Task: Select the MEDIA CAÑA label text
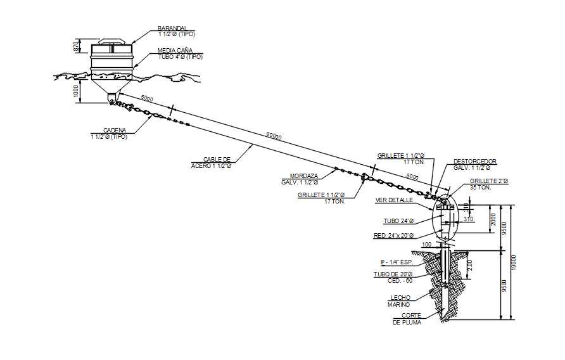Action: tap(175, 51)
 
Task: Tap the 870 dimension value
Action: tap(75, 46)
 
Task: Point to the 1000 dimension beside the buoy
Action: tap(75, 91)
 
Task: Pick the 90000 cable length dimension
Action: tap(274, 136)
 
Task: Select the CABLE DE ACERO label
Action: tap(211, 162)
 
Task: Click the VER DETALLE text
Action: tap(394, 200)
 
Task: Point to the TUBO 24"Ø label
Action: tap(398, 221)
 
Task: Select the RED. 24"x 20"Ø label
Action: tap(393, 236)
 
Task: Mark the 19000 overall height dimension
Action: tap(514, 262)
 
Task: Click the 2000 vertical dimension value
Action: tap(493, 219)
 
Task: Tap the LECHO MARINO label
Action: tap(399, 301)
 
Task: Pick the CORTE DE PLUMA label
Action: tap(407, 319)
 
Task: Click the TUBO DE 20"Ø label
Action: tap(393, 278)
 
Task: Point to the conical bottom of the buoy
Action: tap(111, 87)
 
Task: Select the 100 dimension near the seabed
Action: tap(427, 245)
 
